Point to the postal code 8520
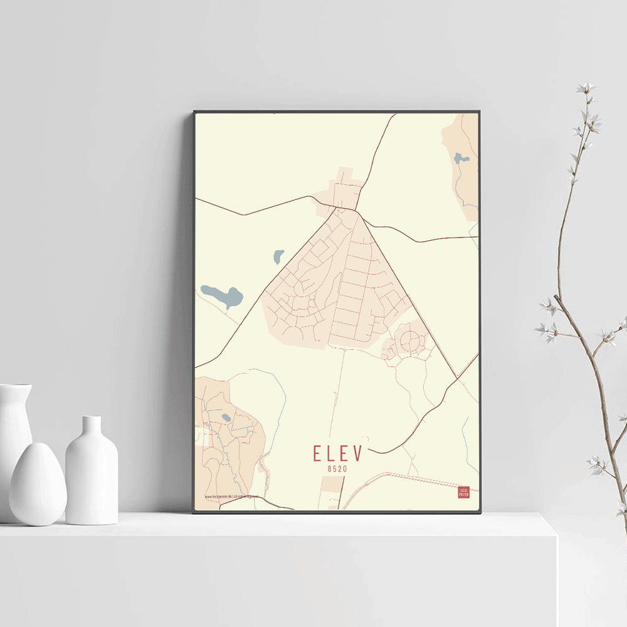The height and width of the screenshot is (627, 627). [x=337, y=468]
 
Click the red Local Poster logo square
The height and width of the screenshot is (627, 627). [x=463, y=493]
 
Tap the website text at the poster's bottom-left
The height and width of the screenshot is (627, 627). [x=231, y=497]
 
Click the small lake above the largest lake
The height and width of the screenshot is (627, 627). [x=278, y=256]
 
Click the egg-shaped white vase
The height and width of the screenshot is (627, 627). [x=38, y=484]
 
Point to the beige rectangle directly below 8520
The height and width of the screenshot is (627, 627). [x=332, y=492]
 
